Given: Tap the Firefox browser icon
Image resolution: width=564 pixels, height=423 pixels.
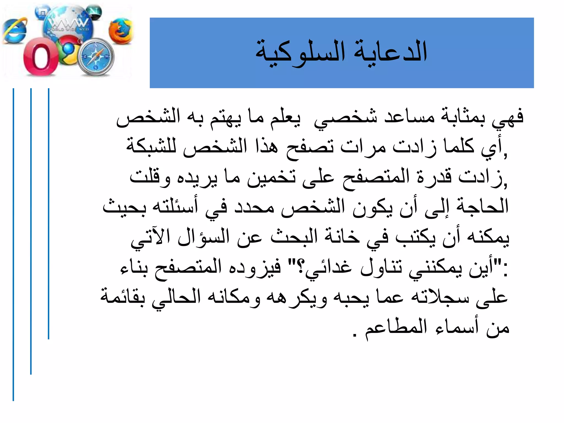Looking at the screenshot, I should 120,31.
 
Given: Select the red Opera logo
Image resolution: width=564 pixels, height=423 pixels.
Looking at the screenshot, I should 41,57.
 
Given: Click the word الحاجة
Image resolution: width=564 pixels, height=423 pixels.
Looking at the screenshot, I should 482,207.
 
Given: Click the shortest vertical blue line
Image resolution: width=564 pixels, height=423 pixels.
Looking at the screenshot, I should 48,213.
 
